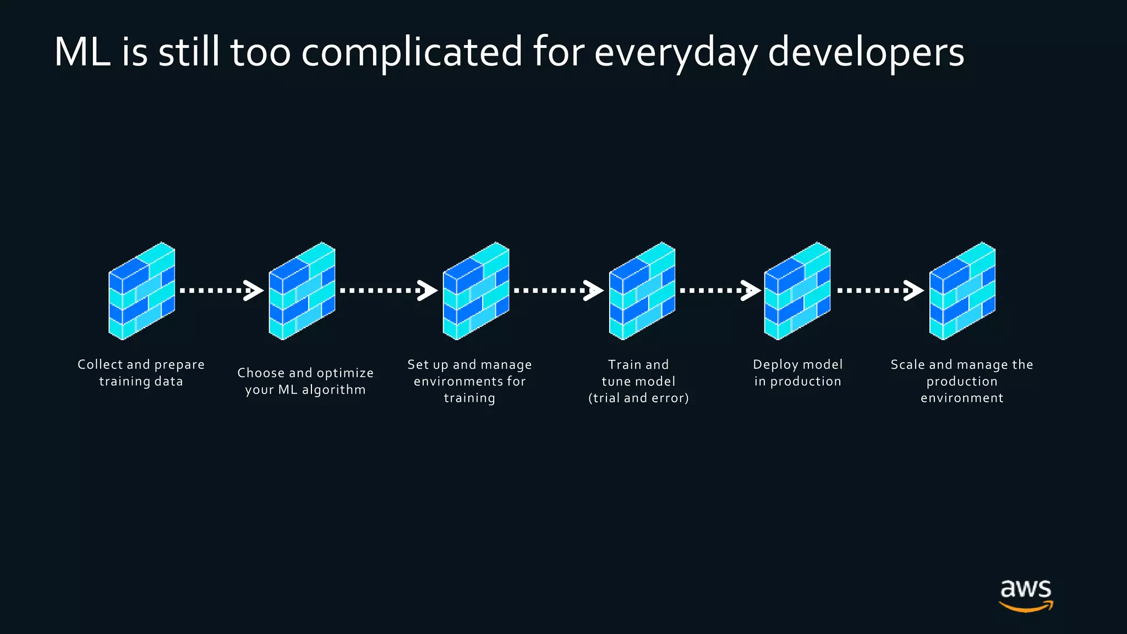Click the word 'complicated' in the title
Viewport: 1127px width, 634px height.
coord(411,52)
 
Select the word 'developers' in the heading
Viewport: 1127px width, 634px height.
coord(866,52)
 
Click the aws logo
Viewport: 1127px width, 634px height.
coord(1026,595)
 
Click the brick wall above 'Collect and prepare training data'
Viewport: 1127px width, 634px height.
coord(142,291)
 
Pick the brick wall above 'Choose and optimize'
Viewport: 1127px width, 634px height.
coord(302,291)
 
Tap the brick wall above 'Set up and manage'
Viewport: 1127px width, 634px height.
coord(476,291)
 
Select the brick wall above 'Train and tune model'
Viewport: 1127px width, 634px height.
coord(642,291)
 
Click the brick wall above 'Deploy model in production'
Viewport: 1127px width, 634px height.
coord(797,291)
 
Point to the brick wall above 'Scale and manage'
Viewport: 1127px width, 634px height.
coord(962,291)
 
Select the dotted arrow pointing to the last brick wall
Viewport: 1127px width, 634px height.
coord(880,290)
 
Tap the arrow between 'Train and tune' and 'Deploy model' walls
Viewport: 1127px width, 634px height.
coord(720,290)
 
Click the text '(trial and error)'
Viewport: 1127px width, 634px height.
coord(638,398)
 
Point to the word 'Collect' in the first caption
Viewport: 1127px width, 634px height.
coord(100,364)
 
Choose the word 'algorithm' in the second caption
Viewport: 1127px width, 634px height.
coord(333,390)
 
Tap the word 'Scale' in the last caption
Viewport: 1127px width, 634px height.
coord(907,364)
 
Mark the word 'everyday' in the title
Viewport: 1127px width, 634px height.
coord(676,52)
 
